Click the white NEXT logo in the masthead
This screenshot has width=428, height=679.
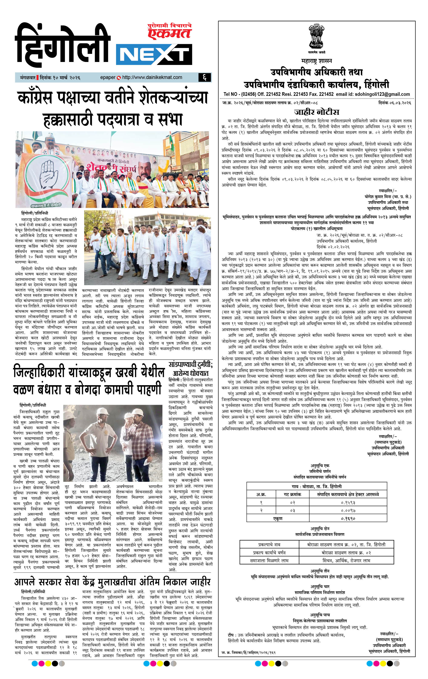click(154, 55)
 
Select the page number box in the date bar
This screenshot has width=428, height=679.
click(204, 77)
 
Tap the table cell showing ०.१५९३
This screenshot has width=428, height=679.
click(348, 502)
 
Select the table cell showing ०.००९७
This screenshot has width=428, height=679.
click(348, 510)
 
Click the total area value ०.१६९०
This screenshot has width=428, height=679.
click(348, 518)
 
